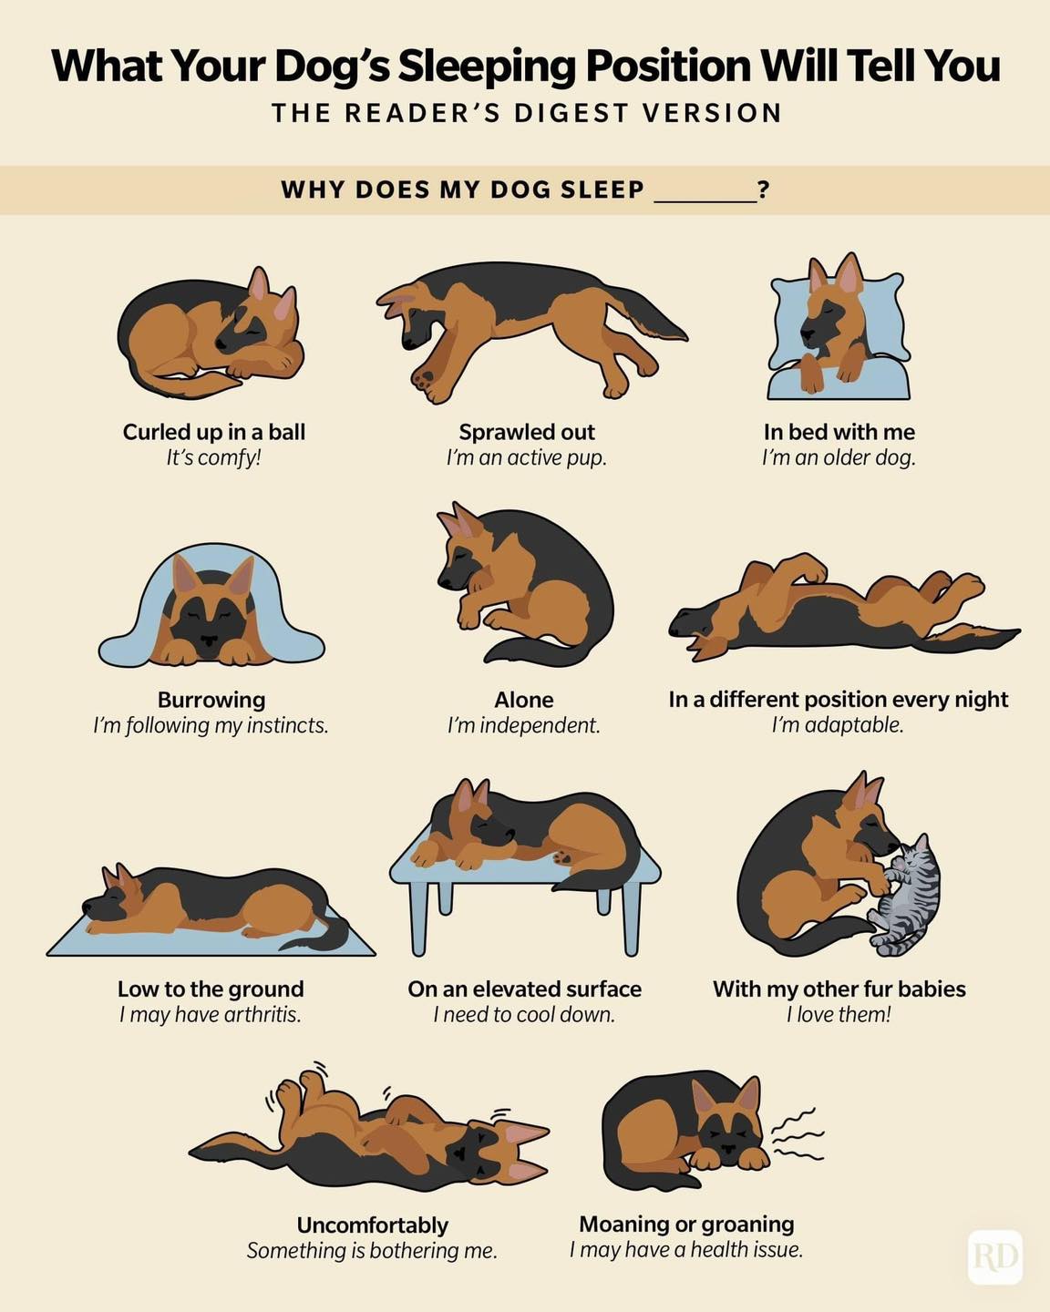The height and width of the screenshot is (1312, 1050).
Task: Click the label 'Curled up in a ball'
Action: [x=213, y=432]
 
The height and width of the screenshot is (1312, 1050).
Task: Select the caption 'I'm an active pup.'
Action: [x=527, y=458]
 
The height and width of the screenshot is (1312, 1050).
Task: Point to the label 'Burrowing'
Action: [x=211, y=700]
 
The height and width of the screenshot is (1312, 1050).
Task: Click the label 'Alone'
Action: [x=524, y=700]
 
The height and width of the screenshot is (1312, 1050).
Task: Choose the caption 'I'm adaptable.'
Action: [x=838, y=725]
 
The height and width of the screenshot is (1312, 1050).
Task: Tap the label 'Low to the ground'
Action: [x=211, y=989]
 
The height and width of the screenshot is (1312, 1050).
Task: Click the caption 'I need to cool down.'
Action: [x=524, y=1015]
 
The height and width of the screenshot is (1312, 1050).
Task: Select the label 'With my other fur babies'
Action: [x=839, y=989]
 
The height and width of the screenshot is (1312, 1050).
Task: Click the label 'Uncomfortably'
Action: [x=372, y=1225]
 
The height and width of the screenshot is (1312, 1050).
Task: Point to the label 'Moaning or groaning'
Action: [x=686, y=1225]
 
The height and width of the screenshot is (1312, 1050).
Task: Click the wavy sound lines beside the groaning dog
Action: [x=797, y=1134]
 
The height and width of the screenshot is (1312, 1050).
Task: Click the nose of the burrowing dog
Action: [x=210, y=641]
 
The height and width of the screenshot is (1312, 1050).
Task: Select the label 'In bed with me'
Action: [x=839, y=432]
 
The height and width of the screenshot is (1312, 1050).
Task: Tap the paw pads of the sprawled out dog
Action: [x=426, y=378]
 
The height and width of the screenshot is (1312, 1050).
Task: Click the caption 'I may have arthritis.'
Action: [x=211, y=1015]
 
